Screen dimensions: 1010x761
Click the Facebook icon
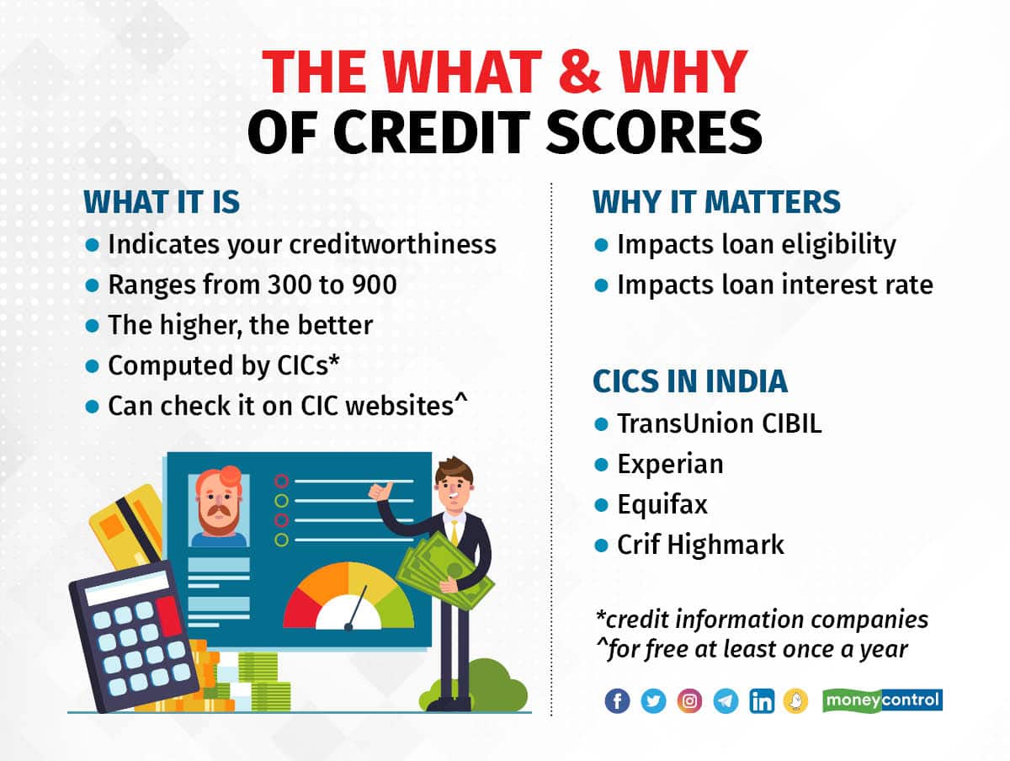[x=617, y=701]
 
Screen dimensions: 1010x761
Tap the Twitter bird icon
[x=653, y=701]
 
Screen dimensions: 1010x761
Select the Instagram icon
[x=689, y=701]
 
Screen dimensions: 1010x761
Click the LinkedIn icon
[x=762, y=701]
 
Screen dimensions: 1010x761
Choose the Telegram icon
[x=726, y=701]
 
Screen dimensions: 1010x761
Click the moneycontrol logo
[x=883, y=700]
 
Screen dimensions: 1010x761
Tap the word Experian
[x=671, y=464]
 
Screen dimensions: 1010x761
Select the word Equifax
[x=662, y=504]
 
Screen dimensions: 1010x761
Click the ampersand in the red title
[x=581, y=72]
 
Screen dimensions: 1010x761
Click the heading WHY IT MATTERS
[x=716, y=202]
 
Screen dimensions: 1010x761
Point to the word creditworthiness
[x=393, y=244]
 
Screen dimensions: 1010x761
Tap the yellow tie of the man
[x=454, y=534]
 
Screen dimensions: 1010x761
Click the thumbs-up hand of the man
[x=380, y=491]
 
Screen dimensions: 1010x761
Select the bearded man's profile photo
[x=219, y=510]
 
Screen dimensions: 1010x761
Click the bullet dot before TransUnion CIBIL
[x=601, y=424]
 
